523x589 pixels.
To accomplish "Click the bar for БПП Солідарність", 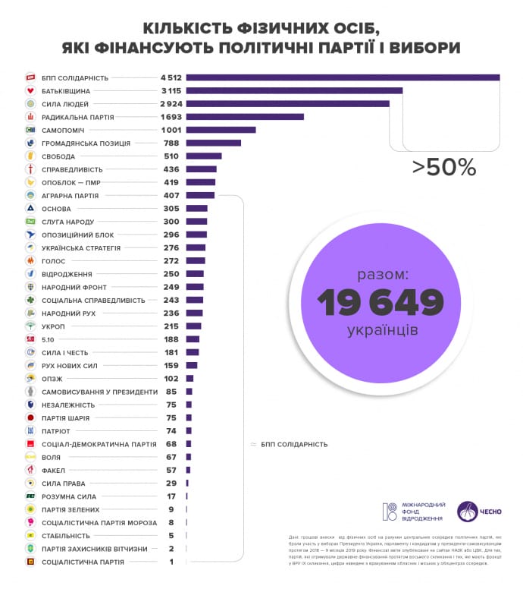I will pyautogui.click(x=343, y=77).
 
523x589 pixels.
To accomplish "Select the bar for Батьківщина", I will pyautogui.click(x=294, y=90).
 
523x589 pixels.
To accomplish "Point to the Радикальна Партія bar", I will pyautogui.click(x=245, y=117).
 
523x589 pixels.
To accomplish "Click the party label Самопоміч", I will pyautogui.click(x=66, y=130).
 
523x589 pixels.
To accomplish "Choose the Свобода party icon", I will pyautogui.click(x=30, y=156).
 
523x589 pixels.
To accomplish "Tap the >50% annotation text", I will pyautogui.click(x=444, y=168).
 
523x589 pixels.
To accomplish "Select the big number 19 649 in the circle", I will pyautogui.click(x=381, y=303).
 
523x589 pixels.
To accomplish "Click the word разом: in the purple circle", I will pyautogui.click(x=383, y=273).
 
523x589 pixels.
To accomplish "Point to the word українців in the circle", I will pyautogui.click(x=383, y=331).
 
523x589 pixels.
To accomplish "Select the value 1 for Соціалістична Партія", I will pyautogui.click(x=171, y=562).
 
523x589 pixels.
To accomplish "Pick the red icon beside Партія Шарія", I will pyautogui.click(x=30, y=417).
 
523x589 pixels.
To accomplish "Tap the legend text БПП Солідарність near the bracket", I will pyautogui.click(x=294, y=444).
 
